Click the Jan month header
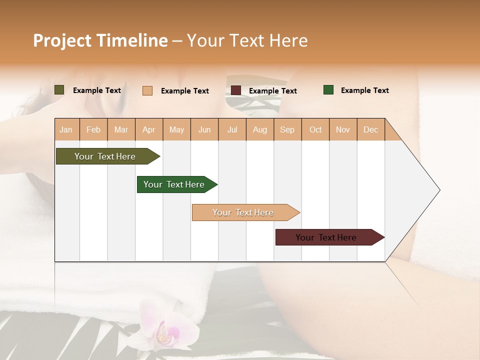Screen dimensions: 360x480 pyautogui.click(x=66, y=129)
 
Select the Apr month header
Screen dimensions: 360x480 pyautogui.click(x=149, y=129)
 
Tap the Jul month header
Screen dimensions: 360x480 pyautogui.click(x=232, y=129)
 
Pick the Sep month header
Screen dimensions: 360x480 pyautogui.click(x=287, y=129)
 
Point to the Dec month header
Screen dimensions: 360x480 pyautogui.click(x=370, y=129)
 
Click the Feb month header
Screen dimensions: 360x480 pyautogui.click(x=93, y=129)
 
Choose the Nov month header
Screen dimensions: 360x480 pyautogui.click(x=343, y=129)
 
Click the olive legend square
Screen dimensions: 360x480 pyautogui.click(x=59, y=90)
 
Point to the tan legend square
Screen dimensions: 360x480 pyautogui.click(x=147, y=90)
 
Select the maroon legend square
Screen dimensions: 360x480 pyautogui.click(x=236, y=90)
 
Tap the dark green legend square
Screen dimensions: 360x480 pyautogui.click(x=328, y=90)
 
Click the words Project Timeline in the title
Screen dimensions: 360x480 pyautogui.click(x=100, y=40)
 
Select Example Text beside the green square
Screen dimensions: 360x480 pyautogui.click(x=364, y=90)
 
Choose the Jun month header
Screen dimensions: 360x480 pyautogui.click(x=204, y=129)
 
